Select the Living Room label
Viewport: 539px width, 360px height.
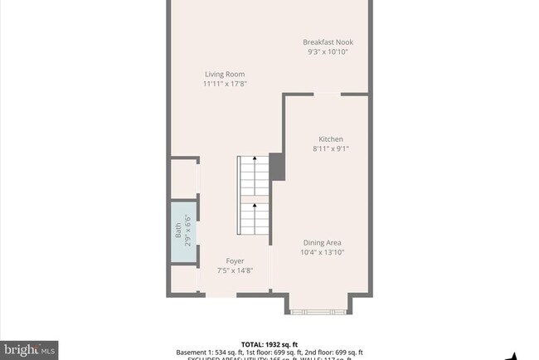pyautogui.click(x=225, y=74)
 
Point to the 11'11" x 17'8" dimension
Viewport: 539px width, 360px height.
pyautogui.click(x=225, y=84)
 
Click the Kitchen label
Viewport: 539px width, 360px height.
pyautogui.click(x=331, y=139)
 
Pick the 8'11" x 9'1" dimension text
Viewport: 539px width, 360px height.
pyautogui.click(x=331, y=149)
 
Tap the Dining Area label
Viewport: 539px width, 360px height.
pyautogui.click(x=322, y=242)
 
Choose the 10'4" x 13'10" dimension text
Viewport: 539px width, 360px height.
pyautogui.click(x=322, y=252)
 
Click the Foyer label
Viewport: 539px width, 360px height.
pyautogui.click(x=235, y=260)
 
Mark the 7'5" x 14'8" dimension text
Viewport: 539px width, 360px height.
pyautogui.click(x=235, y=270)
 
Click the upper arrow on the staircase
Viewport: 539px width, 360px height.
pyautogui.click(x=255, y=157)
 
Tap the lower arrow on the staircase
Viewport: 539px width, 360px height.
pyautogui.click(x=255, y=204)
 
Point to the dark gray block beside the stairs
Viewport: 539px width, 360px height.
pyautogui.click(x=277, y=165)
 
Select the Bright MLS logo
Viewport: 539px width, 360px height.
pyautogui.click(x=30, y=350)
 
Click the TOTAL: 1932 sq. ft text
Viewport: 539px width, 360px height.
pyautogui.click(x=269, y=343)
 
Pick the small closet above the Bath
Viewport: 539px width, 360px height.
pyautogui.click(x=183, y=179)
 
